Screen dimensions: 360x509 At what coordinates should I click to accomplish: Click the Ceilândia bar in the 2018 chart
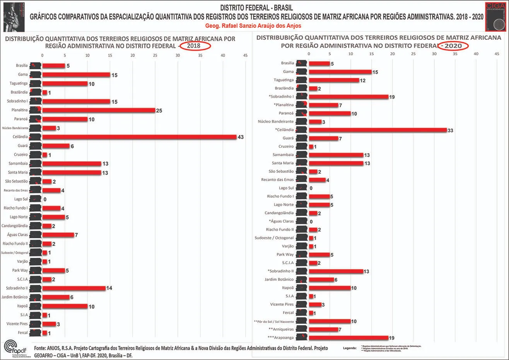pyautogui.click(x=139, y=137)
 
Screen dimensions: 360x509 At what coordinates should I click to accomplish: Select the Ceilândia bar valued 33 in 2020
pyautogui.click(x=377, y=130)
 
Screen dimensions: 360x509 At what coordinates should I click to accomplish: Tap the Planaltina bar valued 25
pyautogui.click(x=99, y=110)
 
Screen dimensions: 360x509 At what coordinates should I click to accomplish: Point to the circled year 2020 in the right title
pyautogui.click(x=453, y=46)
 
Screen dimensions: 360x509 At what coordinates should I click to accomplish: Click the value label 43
pyautogui.click(x=241, y=137)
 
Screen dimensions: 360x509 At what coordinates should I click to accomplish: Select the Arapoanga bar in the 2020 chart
pyautogui.click(x=348, y=338)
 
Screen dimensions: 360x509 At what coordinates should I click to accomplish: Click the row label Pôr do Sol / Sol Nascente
pyautogui.click(x=274, y=321)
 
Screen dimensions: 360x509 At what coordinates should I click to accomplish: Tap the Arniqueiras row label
pyautogui.click(x=281, y=329)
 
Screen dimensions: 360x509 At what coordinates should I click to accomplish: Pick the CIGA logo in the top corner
pyautogui.click(x=496, y=16)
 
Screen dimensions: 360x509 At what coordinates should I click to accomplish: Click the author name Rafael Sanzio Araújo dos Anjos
pyautogui.click(x=253, y=26)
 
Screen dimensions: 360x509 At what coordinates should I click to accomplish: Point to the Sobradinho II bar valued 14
pyautogui.click(x=74, y=288)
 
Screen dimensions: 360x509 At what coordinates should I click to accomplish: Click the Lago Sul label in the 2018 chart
pyautogui.click(x=21, y=199)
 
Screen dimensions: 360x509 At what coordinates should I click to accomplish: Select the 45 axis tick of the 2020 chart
pyautogui.click(x=497, y=54)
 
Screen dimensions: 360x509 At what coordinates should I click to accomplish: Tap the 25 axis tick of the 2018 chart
pyautogui.click(x=155, y=55)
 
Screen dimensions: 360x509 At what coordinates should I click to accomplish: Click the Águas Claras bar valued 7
pyautogui.click(x=58, y=235)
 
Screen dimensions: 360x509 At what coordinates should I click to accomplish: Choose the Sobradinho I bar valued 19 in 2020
pyautogui.click(x=348, y=97)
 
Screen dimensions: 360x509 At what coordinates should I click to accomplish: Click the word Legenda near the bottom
pyautogui.click(x=350, y=348)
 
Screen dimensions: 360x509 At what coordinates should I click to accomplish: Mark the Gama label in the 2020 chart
pyautogui.click(x=288, y=72)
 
